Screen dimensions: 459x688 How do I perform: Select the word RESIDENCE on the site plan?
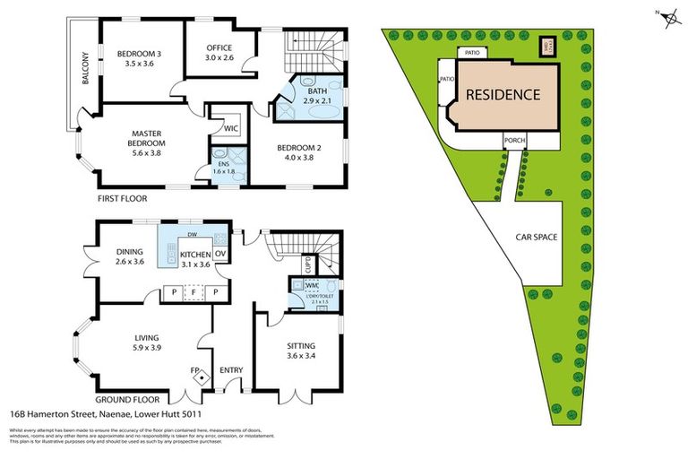502,94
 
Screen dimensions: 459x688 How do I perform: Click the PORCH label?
514,141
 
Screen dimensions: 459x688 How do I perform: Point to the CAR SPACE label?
537,238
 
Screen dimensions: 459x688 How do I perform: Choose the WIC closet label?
230,128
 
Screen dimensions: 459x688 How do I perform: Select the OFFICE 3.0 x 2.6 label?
219,52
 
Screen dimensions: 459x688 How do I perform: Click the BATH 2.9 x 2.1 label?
318,97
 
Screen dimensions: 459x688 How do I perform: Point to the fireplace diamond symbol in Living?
198,377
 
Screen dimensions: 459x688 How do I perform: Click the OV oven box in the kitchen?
219,254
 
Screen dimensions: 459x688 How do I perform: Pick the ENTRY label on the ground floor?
231,370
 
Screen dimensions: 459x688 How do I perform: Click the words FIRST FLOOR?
124,199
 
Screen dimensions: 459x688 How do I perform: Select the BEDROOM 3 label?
139,58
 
